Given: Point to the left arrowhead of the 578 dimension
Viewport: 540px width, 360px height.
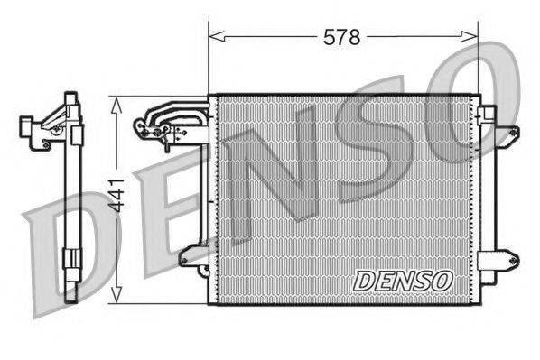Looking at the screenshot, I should pos(214,37).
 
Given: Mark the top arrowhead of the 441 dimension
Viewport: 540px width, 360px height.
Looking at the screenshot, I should pos(116,102).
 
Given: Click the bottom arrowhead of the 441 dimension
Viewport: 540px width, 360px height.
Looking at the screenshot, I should pos(116,298).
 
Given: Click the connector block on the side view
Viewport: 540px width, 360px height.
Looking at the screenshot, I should pos(41,131).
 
